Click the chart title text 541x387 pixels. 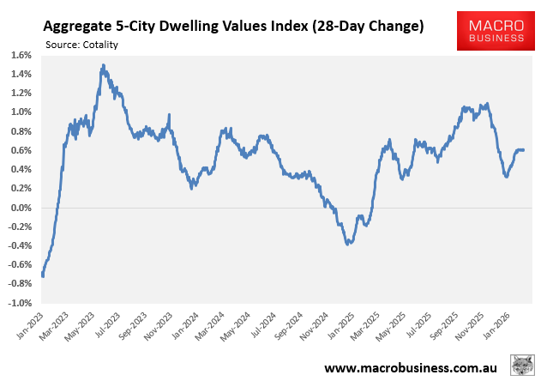coord(233,27)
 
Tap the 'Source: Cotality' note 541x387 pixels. coord(82,45)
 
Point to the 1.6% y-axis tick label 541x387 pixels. coord(21,55)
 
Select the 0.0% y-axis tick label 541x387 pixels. coord(21,208)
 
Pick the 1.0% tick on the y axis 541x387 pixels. coord(21,112)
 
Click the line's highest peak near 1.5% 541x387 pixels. coord(103,65)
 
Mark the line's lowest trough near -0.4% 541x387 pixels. coord(347,245)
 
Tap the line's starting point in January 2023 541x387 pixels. coord(43,275)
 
